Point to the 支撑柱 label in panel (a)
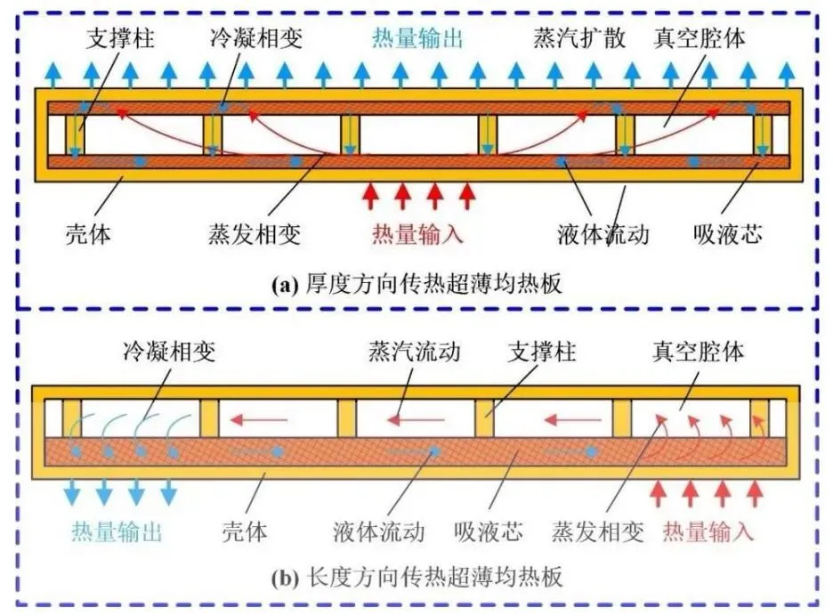[x=116, y=39]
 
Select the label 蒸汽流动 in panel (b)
[x=415, y=351]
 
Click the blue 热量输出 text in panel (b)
[x=117, y=532]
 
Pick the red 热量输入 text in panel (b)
[x=708, y=532]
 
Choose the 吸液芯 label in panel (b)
[x=486, y=532]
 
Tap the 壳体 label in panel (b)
[x=245, y=532]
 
